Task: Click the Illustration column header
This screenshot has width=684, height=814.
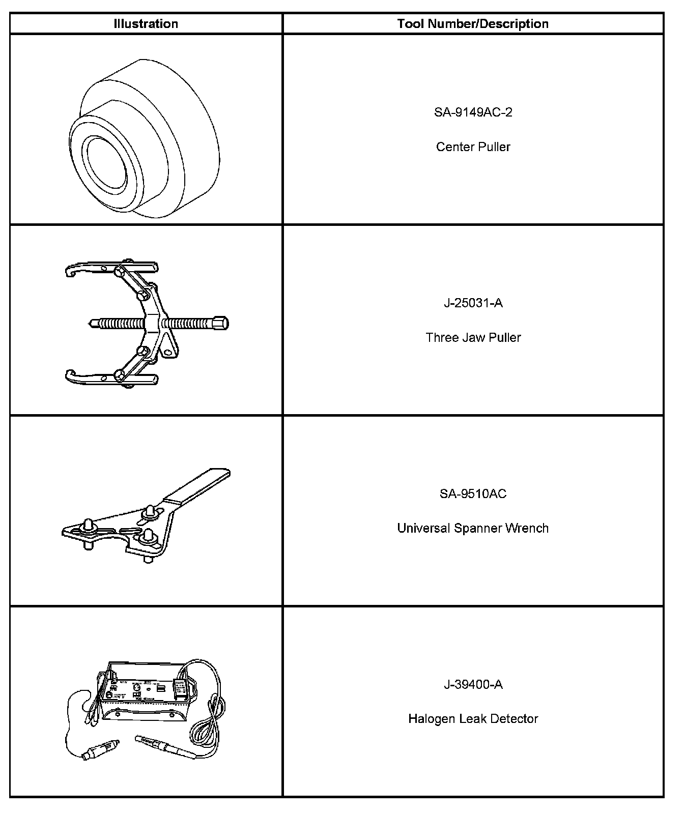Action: tap(146, 24)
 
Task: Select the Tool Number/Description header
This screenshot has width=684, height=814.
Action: tap(473, 24)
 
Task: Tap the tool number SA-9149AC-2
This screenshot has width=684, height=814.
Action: tap(473, 112)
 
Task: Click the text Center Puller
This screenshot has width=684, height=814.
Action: tap(473, 147)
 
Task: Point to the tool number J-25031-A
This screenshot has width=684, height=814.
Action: tap(473, 303)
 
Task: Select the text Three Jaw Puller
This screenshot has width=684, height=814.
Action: tap(473, 338)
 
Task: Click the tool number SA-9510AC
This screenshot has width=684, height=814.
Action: tap(473, 494)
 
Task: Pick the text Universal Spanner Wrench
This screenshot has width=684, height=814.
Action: tap(473, 528)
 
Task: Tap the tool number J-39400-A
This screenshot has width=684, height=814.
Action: tap(473, 685)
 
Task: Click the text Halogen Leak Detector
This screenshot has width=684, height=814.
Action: tap(473, 719)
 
